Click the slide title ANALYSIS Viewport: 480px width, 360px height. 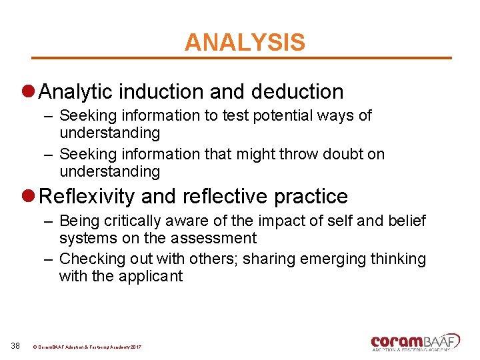(x=245, y=43)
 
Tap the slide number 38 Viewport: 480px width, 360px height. (x=16, y=345)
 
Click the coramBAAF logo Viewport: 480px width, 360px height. (x=415, y=342)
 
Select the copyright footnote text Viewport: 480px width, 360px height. (x=87, y=347)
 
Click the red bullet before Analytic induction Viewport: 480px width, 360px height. (x=28, y=92)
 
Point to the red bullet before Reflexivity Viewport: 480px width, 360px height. (x=28, y=197)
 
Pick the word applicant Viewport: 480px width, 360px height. (x=151, y=276)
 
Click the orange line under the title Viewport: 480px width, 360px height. (x=242, y=58)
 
